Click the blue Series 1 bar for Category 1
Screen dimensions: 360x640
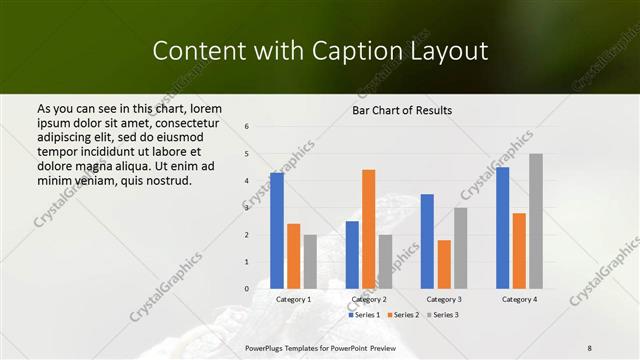pyautogui.click(x=277, y=231)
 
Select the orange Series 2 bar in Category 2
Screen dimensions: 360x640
pyautogui.click(x=368, y=229)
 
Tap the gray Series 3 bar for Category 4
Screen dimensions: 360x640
pyautogui.click(x=536, y=221)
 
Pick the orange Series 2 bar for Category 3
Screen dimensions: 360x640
pyautogui.click(x=444, y=264)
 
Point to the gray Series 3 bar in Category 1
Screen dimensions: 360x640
pyautogui.click(x=310, y=262)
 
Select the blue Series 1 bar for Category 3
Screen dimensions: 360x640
pyautogui.click(x=427, y=241)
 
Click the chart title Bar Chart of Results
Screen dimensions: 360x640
pyautogui.click(x=403, y=109)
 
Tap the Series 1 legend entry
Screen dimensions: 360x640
pyautogui.click(x=364, y=315)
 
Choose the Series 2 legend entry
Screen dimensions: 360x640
pyautogui.click(x=402, y=315)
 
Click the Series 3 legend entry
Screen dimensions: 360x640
pyautogui.click(x=441, y=315)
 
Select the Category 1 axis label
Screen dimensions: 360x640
pyautogui.click(x=293, y=299)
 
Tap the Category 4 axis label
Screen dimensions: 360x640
pyautogui.click(x=518, y=299)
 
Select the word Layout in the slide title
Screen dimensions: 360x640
pyautogui.click(x=447, y=51)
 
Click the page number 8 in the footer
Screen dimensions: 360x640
pyautogui.click(x=590, y=347)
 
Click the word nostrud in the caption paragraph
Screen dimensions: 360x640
pyautogui.click(x=166, y=181)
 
